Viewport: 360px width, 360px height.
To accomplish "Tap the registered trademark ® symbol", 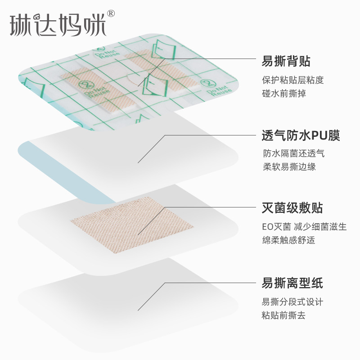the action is pos(111,13).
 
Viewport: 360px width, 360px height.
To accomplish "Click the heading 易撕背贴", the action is pos(286,61).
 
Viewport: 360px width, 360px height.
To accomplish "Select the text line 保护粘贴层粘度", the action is pos(293,80).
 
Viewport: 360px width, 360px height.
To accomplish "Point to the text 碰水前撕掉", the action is pos(284,94).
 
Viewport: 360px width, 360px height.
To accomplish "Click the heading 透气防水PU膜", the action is pos(301,135).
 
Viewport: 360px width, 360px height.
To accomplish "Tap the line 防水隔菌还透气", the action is pos(293,153).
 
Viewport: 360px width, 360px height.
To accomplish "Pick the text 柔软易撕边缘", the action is pos(289,166).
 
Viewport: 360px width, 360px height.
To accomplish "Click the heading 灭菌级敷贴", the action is pos(292,208).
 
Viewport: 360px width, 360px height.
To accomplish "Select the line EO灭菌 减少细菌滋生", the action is pos(304,227).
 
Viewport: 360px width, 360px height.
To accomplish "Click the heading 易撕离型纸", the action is pos(292,283).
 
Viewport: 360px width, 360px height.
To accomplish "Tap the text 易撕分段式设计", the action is pos(292,302).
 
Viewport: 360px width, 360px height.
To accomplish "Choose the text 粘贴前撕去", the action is pos(283,315).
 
